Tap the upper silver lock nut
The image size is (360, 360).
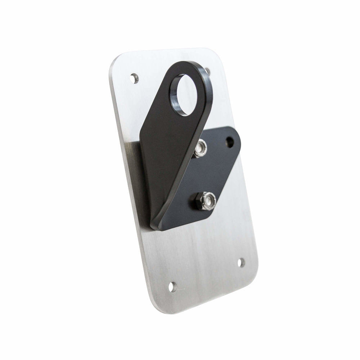tap(201, 148)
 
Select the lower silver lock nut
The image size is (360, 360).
tap(208, 200)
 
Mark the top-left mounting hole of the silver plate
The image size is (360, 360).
tap(134, 77)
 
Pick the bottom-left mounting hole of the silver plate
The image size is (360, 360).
tap(173, 287)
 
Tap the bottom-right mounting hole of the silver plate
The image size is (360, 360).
tap(241, 262)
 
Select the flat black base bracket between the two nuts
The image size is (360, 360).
tap(209, 173)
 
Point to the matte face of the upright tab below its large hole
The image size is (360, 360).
tap(166, 151)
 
